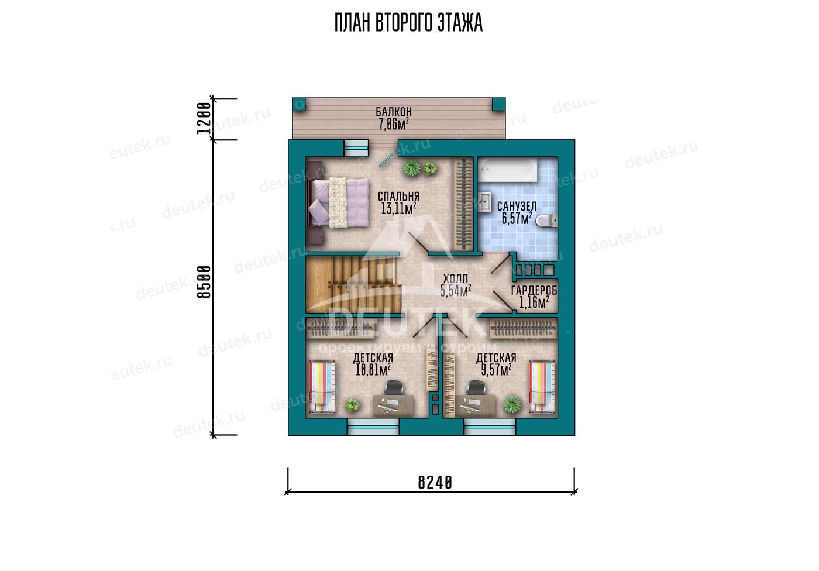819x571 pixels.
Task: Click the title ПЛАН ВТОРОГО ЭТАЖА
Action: point(408,23)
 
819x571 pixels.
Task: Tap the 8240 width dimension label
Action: point(435,483)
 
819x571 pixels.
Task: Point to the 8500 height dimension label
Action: point(204,282)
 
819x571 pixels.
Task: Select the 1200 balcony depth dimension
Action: point(204,118)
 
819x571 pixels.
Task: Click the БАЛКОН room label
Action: point(394,112)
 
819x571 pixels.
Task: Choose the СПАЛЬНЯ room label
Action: point(398,197)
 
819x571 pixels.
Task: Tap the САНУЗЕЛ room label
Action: point(517,207)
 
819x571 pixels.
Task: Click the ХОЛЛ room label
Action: point(455,279)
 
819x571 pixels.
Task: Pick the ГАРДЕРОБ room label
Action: point(534,291)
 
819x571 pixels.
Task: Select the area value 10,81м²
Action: point(373,370)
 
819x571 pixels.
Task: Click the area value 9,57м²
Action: point(496,370)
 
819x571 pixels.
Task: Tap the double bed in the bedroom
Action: point(338,203)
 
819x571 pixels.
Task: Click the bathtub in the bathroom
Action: point(508,171)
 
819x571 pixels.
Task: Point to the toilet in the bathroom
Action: point(546,221)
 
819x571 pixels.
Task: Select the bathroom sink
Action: point(484,202)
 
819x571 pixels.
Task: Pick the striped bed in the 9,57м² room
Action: point(542,387)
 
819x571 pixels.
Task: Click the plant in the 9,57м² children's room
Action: point(511,405)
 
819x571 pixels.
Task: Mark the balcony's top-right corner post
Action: point(498,104)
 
